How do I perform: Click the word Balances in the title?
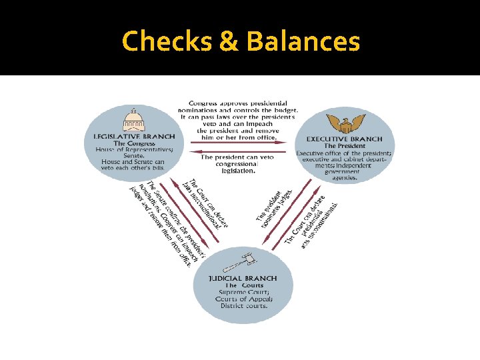pyautogui.click(x=303, y=41)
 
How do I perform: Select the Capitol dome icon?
pyautogui.click(x=133, y=121)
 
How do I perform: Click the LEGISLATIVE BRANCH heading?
pyautogui.click(x=133, y=137)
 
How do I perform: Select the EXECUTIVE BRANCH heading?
pyautogui.click(x=345, y=139)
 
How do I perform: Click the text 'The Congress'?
pyautogui.click(x=133, y=144)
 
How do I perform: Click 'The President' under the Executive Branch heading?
pyautogui.click(x=345, y=146)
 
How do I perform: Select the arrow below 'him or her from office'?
pyautogui.click(x=238, y=143)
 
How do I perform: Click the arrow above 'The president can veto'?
pyautogui.click(x=238, y=151)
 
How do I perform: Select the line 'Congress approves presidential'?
pyautogui.click(x=238, y=103)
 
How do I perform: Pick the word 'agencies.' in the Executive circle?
pyautogui.click(x=345, y=178)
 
